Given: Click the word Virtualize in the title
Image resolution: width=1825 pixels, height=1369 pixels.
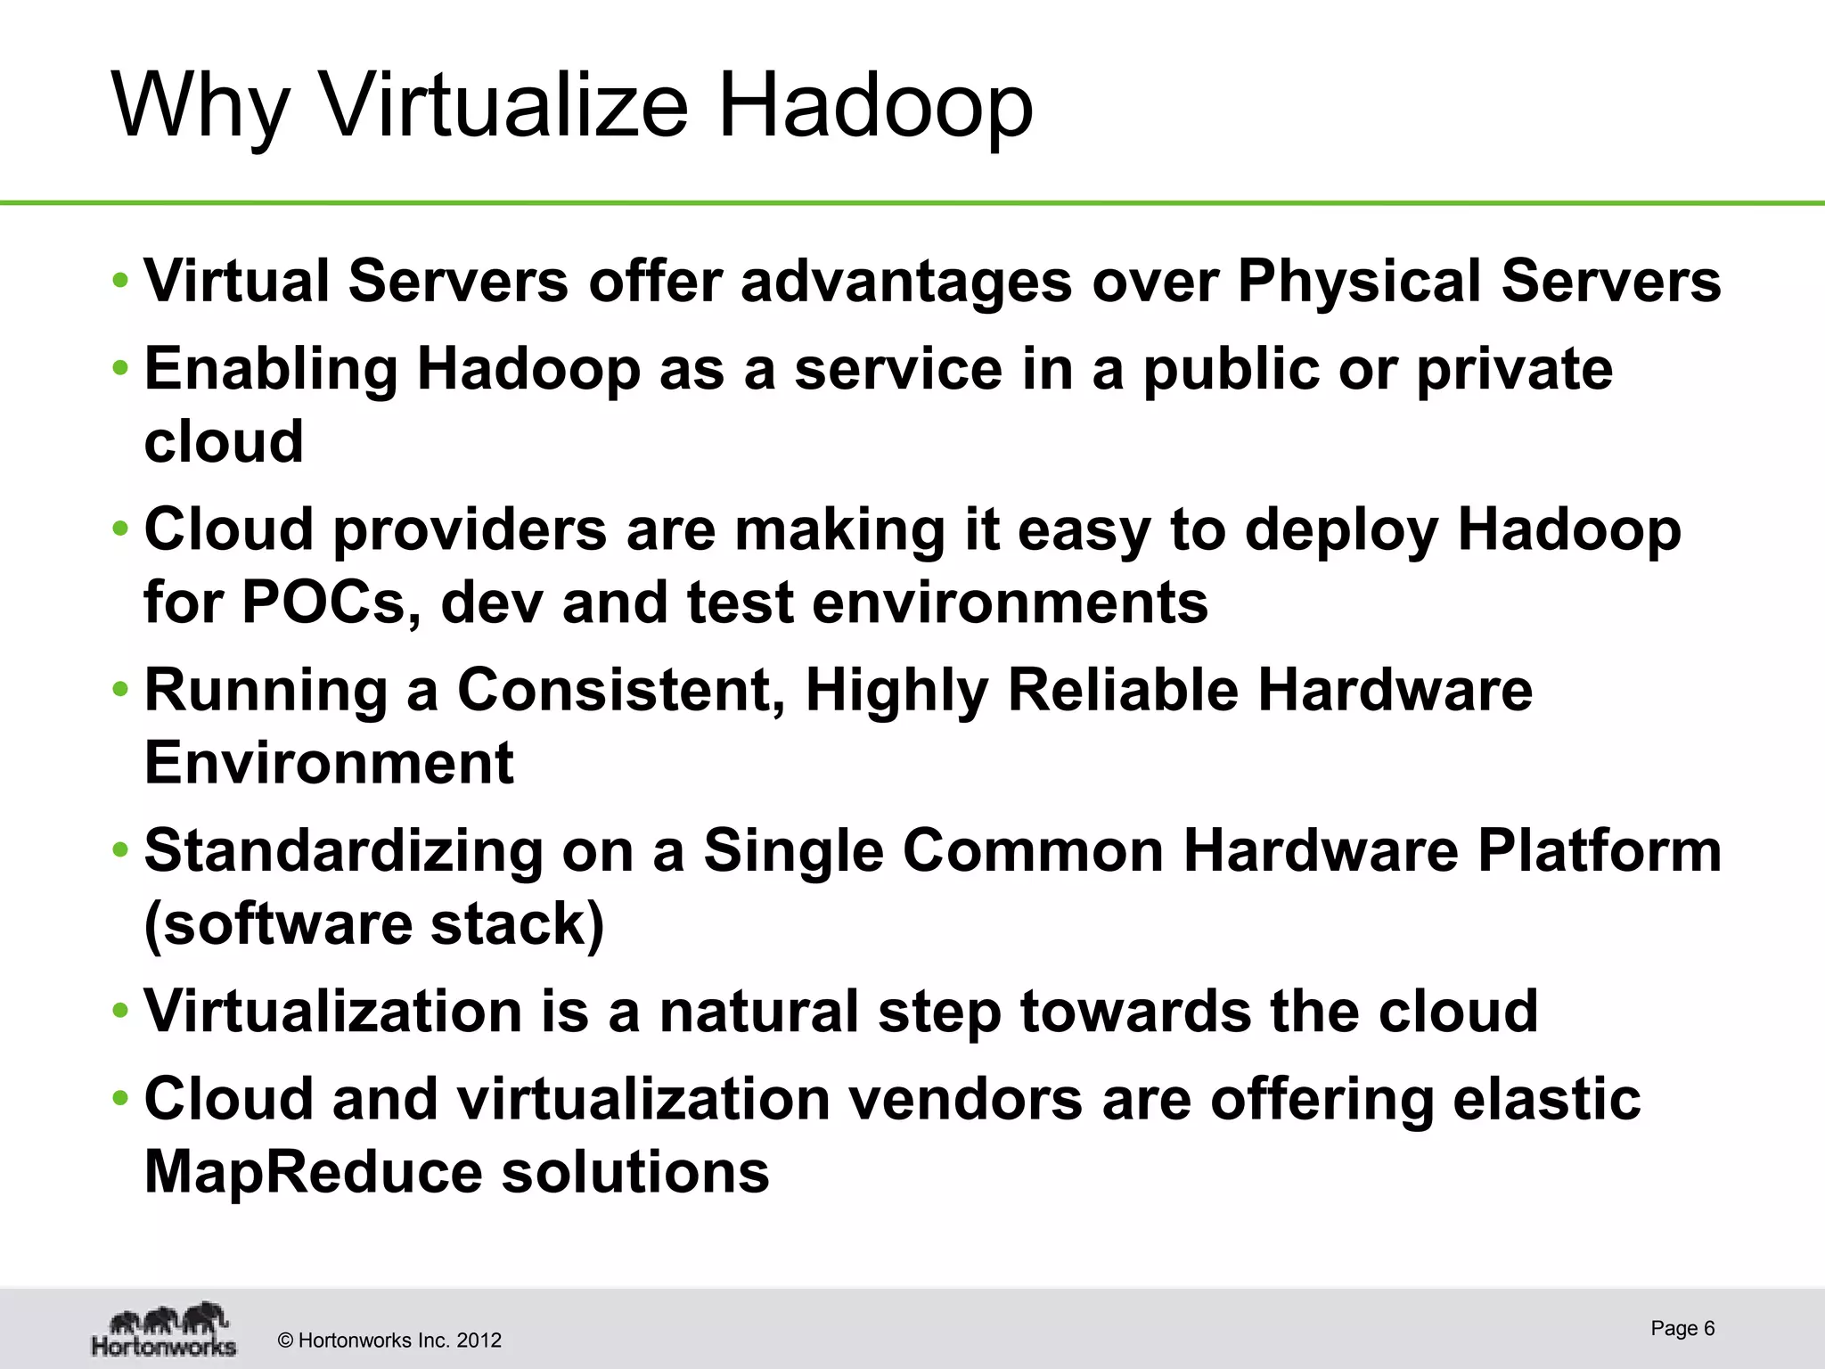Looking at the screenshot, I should (504, 105).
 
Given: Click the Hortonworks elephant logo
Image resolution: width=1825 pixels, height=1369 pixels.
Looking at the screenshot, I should (164, 1330).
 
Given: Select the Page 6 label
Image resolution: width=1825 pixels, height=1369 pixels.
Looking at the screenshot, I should (1682, 1328).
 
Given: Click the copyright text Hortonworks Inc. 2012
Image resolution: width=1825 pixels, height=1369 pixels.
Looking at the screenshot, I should (389, 1340).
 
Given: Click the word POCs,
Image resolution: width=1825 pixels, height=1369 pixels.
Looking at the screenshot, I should (326, 603).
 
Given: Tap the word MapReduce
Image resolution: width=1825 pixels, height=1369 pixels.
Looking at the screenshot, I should (313, 1171).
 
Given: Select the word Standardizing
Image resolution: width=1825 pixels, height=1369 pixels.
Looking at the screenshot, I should (343, 852).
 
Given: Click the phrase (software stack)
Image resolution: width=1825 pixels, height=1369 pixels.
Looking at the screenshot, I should (374, 923).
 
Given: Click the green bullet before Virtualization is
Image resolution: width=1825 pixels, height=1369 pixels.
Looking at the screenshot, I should (120, 1012).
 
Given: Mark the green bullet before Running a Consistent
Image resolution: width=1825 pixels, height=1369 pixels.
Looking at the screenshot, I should (120, 690).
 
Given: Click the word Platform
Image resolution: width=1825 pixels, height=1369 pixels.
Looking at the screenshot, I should (1600, 850).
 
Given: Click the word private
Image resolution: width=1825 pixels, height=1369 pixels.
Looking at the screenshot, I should (1514, 369).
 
